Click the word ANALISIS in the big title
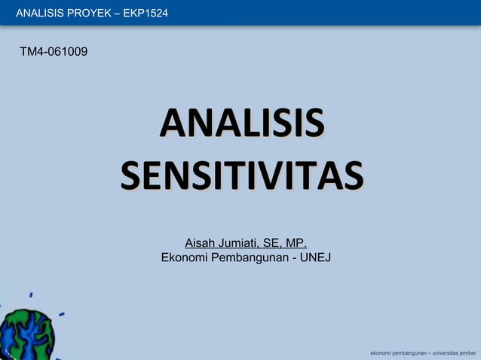241,124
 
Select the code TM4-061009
57,52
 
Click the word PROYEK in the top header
90,12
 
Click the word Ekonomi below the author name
184,258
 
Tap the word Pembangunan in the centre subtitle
247,258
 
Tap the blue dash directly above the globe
30,294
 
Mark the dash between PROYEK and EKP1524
115,12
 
